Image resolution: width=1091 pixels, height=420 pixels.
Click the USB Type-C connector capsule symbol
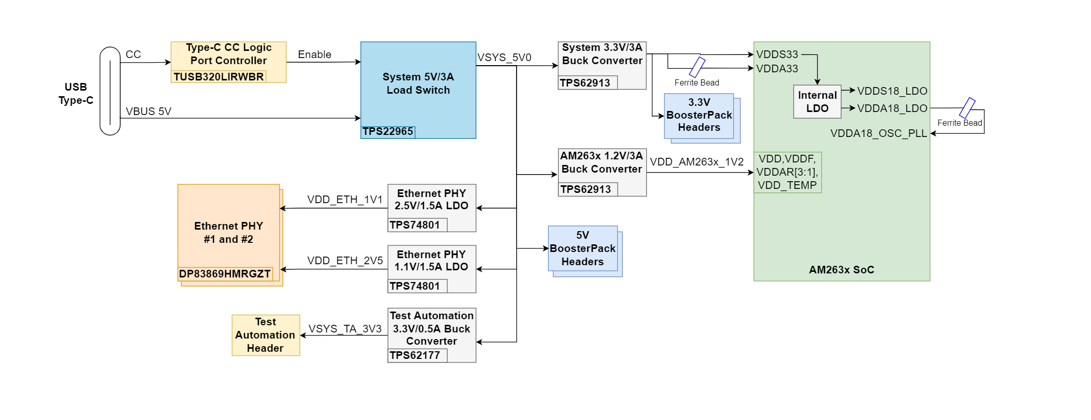[x=110, y=91]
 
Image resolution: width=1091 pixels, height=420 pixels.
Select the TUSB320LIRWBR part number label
[x=219, y=77]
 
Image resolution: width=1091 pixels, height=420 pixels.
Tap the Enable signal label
[x=314, y=54]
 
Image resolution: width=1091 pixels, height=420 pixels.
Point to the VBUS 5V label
[x=148, y=111]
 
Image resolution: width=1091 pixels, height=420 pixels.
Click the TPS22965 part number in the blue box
[x=388, y=132]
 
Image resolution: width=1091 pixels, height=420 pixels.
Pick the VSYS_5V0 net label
[x=504, y=58]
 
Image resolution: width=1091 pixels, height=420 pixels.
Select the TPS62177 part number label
[x=415, y=355]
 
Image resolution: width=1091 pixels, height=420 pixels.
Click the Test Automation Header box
[x=265, y=335]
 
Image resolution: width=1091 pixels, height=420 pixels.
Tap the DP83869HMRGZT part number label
[x=225, y=274]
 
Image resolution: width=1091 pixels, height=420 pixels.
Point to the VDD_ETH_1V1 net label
[x=345, y=200]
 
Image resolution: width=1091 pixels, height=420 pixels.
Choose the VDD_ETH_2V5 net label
[x=345, y=261]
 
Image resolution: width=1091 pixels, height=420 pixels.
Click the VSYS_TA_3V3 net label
[x=345, y=329]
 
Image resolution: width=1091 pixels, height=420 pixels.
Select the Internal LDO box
[x=817, y=102]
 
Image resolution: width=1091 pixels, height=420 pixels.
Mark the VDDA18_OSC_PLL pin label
[x=878, y=133]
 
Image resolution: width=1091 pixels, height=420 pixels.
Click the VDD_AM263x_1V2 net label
[x=696, y=162]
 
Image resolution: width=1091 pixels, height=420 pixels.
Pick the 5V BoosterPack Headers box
[x=583, y=248]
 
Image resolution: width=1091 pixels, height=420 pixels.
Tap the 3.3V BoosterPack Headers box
[x=699, y=116]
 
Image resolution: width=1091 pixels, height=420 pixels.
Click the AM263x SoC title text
[x=841, y=270]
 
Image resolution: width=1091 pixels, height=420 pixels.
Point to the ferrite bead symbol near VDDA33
[x=697, y=67]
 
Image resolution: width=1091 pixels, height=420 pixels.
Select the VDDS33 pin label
[x=777, y=54]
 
